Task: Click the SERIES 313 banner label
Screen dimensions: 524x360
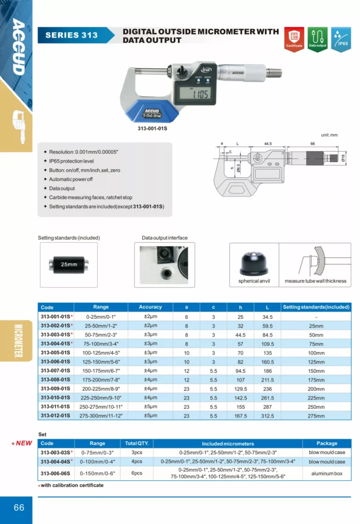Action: [71, 35]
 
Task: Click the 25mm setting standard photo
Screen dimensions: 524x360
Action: [69, 264]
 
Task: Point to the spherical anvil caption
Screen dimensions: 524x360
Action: [254, 281]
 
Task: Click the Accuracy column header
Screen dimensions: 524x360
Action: [150, 307]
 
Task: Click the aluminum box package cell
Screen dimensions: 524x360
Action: [327, 474]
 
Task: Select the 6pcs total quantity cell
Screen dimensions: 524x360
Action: [137, 474]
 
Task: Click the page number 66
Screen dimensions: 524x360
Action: [19, 508]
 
